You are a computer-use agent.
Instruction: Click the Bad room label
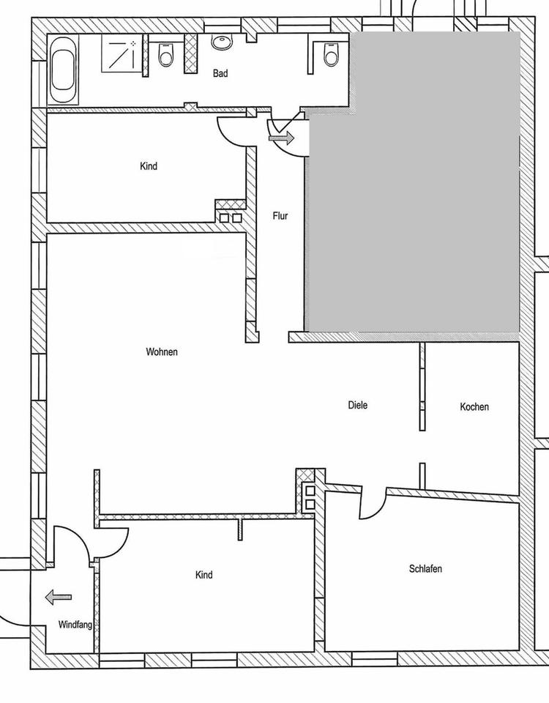pos(220,73)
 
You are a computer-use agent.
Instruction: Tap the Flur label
pos(280,215)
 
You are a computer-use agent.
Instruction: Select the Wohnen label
pos(162,352)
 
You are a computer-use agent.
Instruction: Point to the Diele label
pos(358,405)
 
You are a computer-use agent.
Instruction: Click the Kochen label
pos(474,406)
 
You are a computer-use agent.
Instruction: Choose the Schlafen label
pos(425,568)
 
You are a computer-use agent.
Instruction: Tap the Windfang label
pos(75,624)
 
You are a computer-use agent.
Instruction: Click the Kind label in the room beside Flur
pos(149,166)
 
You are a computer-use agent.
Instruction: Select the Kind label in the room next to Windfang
pos(204,575)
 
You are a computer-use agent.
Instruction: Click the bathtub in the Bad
pos(63,70)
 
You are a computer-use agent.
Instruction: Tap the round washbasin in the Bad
pos(221,42)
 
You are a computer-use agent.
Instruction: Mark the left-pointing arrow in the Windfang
pos(59,598)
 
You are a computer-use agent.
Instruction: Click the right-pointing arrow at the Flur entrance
pos(281,138)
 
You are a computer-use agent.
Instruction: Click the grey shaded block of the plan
pos(412,182)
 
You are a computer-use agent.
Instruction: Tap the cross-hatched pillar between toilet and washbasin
pos(191,53)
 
